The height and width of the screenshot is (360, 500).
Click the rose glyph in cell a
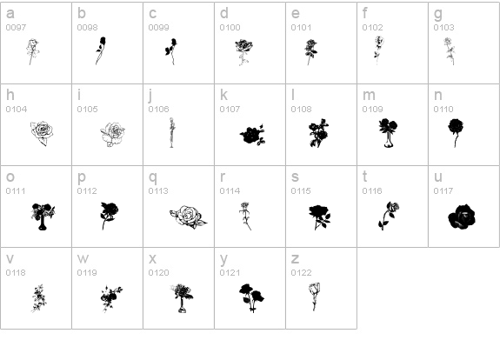pyautogui.click(x=32, y=51)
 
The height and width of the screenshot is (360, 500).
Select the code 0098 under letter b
pyautogui.click(x=87, y=28)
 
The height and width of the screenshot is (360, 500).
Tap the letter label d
pyautogui.click(x=224, y=13)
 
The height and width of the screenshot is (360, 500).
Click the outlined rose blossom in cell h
pyautogui.click(x=42, y=133)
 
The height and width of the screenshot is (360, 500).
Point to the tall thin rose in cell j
pyautogui.click(x=172, y=133)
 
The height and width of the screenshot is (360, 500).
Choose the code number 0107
pyautogui.click(x=230, y=110)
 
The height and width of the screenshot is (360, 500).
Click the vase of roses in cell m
pyautogui.click(x=388, y=133)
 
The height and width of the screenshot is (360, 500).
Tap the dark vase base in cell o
pyautogui.click(x=43, y=225)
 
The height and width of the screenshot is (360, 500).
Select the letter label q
pyautogui.click(x=153, y=177)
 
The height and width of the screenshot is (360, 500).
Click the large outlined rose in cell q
pyautogui.click(x=188, y=217)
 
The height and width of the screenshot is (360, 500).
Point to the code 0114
pyautogui.click(x=230, y=191)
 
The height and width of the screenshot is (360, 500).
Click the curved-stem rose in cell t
pyautogui.click(x=389, y=216)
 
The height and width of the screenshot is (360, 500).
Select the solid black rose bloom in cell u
pyautogui.click(x=462, y=217)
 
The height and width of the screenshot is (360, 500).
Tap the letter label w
pyautogui.click(x=83, y=258)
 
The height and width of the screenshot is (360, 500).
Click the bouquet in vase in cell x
pyautogui.click(x=182, y=298)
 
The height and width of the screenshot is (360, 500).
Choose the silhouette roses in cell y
pyautogui.click(x=251, y=297)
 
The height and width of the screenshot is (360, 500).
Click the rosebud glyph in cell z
pyautogui.click(x=315, y=297)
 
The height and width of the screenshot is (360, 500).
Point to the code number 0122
pyautogui.click(x=301, y=273)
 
